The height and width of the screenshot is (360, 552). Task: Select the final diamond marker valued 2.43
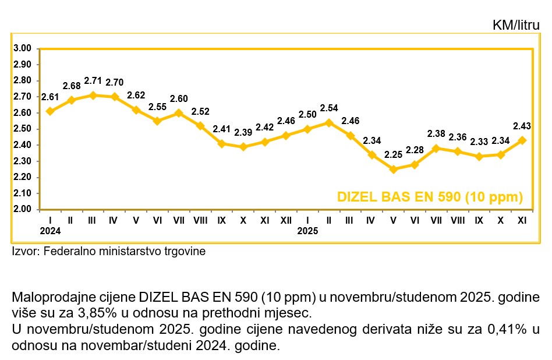point(522,140)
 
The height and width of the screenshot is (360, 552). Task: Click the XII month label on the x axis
point(286,221)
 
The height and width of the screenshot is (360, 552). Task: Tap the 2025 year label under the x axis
point(307,231)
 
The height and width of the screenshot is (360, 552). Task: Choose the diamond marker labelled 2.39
point(243,147)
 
